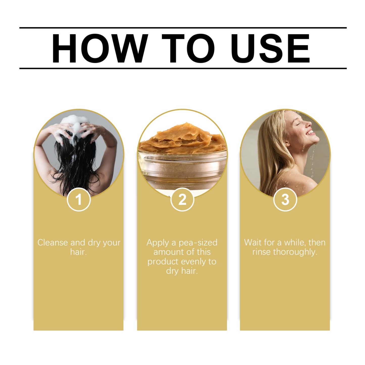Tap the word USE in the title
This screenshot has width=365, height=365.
point(270,48)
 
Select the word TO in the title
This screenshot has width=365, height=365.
point(188,48)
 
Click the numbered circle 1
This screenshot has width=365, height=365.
point(79,200)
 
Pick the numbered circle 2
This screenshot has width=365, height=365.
point(182,200)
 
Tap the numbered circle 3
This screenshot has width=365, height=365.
point(285,200)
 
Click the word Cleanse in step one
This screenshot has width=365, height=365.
point(53,242)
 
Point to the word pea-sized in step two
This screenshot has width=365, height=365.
point(198,242)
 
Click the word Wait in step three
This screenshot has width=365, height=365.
point(253,242)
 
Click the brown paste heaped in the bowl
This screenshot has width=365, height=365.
point(182,138)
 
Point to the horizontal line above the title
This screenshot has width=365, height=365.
point(183,28)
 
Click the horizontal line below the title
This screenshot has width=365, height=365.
point(183,68)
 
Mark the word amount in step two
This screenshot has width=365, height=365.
point(167,252)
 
